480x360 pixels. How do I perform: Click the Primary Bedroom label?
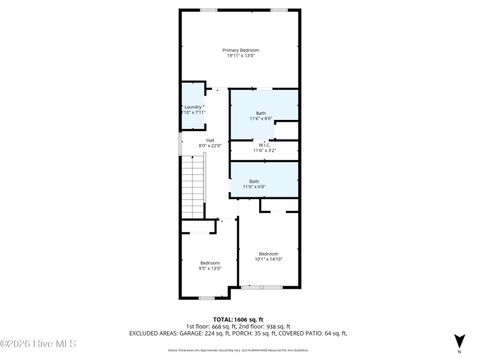(x=240, y=50)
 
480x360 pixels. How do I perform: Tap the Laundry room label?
(x=193, y=106)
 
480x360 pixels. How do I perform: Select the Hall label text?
(x=210, y=140)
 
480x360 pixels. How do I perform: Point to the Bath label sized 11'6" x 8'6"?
(x=261, y=113)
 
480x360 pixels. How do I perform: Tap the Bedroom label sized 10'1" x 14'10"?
(x=269, y=254)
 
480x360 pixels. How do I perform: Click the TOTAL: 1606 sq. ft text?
(x=239, y=318)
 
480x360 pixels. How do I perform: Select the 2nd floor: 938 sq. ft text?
(x=264, y=326)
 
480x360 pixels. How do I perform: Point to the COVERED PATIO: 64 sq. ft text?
(x=313, y=334)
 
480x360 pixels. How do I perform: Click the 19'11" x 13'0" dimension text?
(x=240, y=57)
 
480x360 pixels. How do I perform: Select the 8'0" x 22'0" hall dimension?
(x=210, y=147)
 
